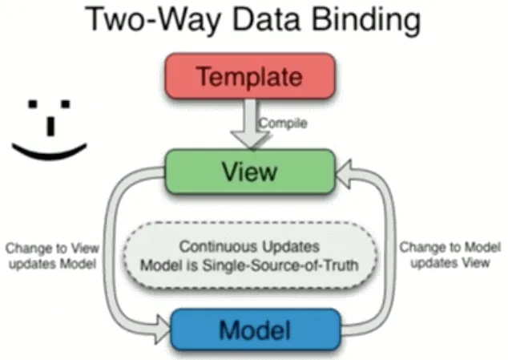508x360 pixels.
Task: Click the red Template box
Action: [x=249, y=78]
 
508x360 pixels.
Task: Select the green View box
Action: [x=249, y=171]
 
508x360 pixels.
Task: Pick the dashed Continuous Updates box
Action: [x=251, y=256]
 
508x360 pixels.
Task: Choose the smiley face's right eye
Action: [x=67, y=103]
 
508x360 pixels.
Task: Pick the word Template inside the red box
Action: [x=249, y=78]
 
